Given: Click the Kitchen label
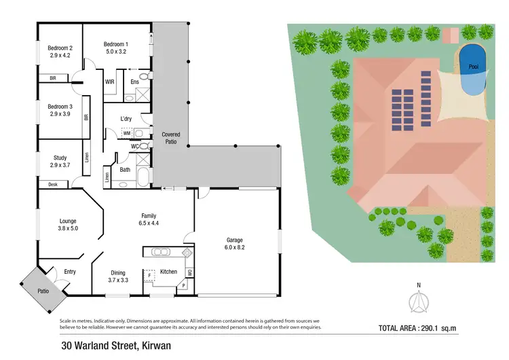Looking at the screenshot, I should click(168, 272).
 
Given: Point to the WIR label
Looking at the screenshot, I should click(109, 82).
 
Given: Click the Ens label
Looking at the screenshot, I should click(134, 82).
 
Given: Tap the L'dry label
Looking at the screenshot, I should click(126, 119).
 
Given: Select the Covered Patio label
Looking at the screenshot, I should click(170, 139).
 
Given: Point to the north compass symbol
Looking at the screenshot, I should click(419, 300).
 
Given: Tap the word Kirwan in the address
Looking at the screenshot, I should click(158, 345).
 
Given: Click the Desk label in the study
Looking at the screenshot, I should click(52, 184).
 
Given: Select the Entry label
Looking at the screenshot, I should click(69, 272).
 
